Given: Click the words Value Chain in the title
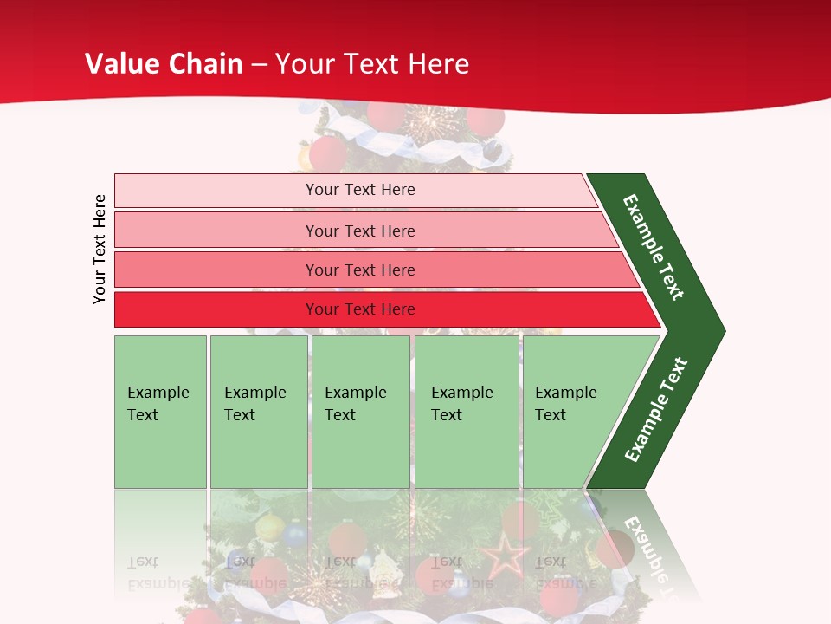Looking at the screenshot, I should coord(164,63).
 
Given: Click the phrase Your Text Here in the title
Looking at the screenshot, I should coord(372,63).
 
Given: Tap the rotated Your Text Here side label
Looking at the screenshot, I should coord(100,249).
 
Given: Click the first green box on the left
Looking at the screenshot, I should coord(160,451).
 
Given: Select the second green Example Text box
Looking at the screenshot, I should coord(259,451).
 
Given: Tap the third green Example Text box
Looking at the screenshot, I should coord(360,451).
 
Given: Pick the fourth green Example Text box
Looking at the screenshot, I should coord(467,451).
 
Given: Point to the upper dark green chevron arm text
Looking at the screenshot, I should coord(654,247).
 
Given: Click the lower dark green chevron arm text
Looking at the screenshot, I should coord(656,409).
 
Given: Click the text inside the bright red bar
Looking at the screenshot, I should coord(360,309).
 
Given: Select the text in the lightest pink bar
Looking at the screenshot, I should coord(360,190).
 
